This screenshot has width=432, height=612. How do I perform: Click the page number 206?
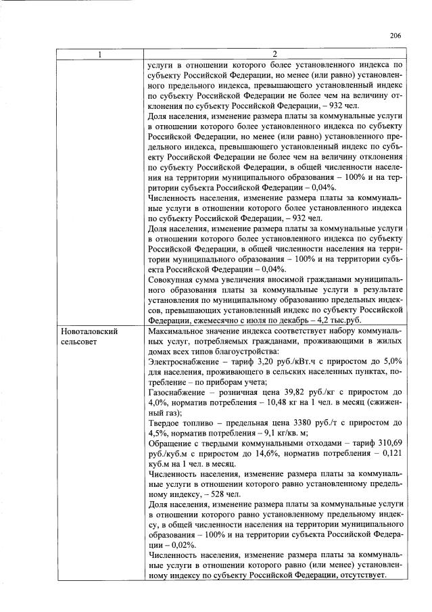[x=395, y=36]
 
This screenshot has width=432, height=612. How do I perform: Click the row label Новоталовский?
[x=90, y=332]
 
